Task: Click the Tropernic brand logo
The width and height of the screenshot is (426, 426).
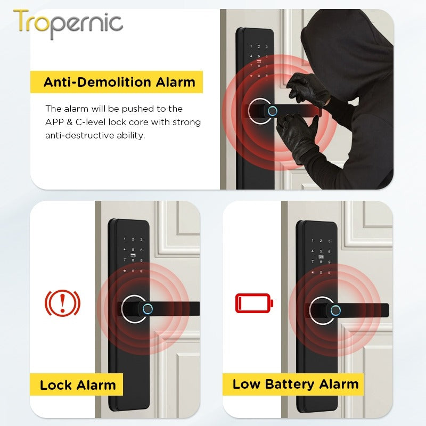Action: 68,23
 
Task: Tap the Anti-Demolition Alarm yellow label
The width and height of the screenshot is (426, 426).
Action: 119,83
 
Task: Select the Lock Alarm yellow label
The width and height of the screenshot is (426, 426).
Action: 78,385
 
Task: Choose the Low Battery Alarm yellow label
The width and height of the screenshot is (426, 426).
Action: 296,384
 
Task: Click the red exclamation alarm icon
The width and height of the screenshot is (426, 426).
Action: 62,303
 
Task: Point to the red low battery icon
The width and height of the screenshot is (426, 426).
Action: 254,304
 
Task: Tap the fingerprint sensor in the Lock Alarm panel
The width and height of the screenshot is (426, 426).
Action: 149,309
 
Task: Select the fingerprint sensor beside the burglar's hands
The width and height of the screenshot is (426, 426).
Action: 272,111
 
